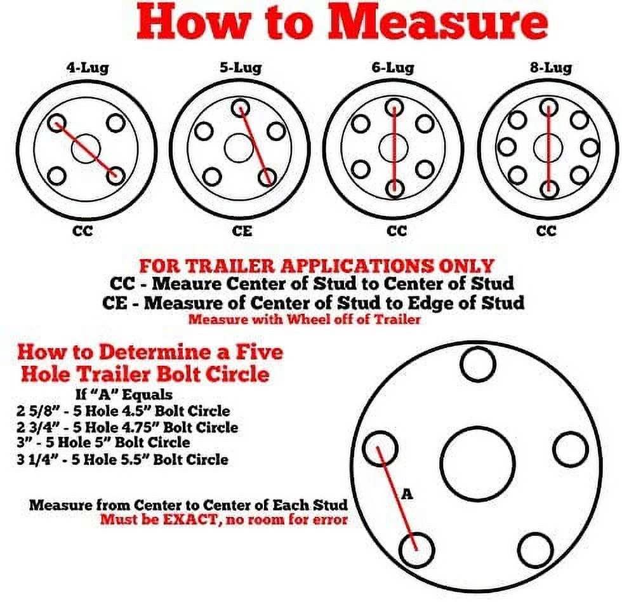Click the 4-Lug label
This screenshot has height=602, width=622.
[x=88, y=67]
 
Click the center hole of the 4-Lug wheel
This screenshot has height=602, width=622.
[x=86, y=149]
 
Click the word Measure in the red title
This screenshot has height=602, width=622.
[x=437, y=23]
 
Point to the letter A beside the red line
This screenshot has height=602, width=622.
[x=407, y=493]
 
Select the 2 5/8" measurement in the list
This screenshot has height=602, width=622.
[x=36, y=411]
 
